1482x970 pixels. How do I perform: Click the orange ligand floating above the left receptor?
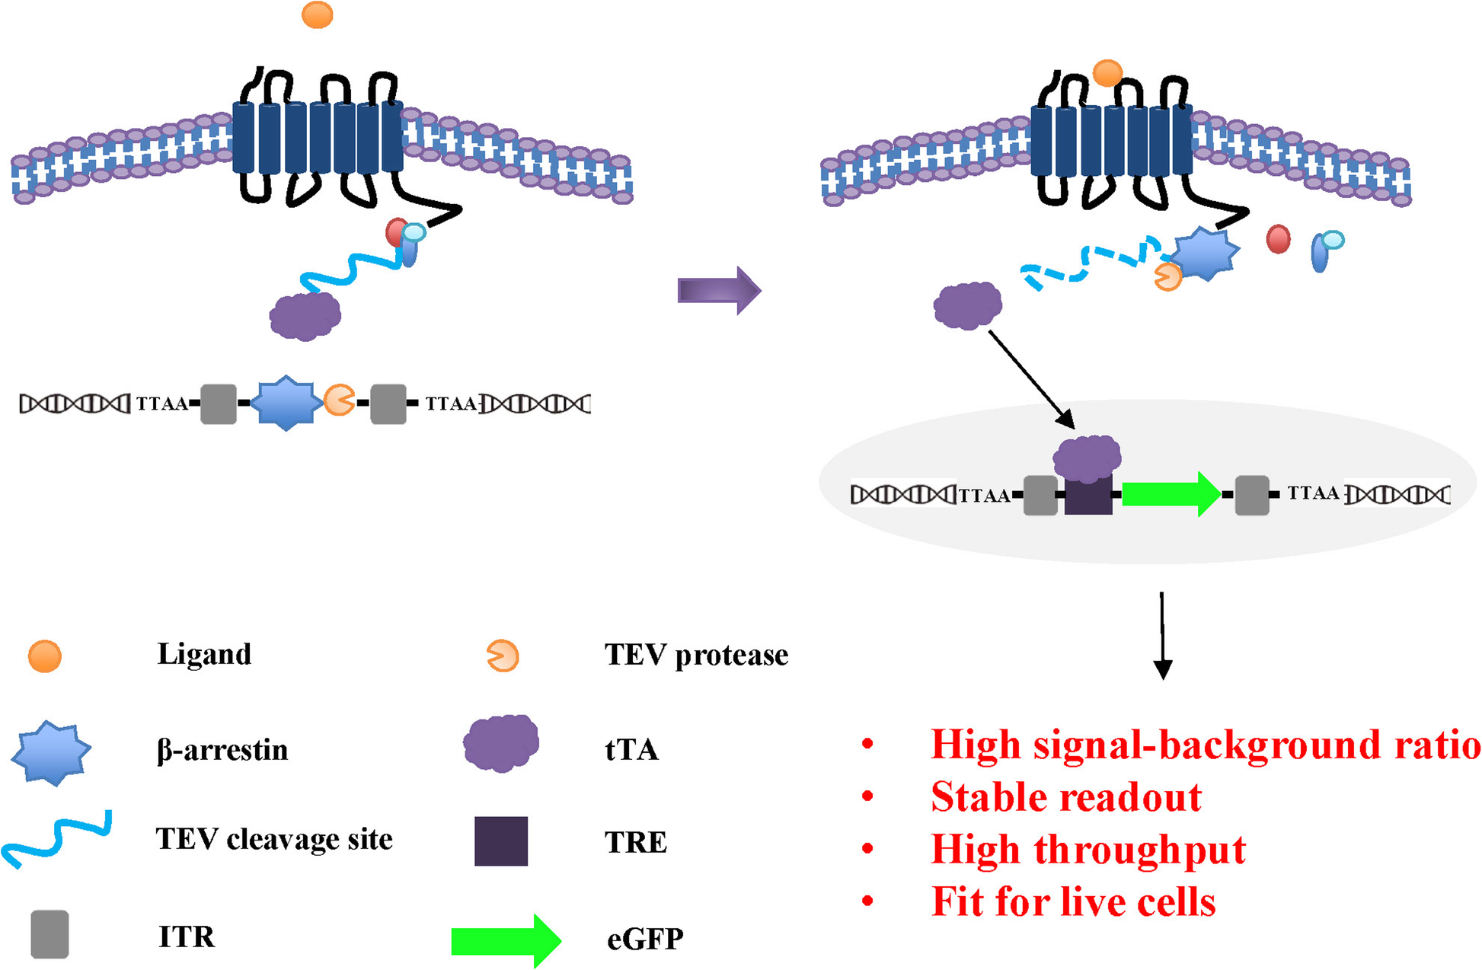coord(317,14)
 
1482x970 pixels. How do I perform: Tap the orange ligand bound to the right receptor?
coord(1107,73)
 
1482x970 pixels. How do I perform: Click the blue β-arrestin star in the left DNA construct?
coord(286,403)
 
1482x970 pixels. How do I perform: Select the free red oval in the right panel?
coord(1278,239)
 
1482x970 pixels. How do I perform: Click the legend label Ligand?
coord(204,654)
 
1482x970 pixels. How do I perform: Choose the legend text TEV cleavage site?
coord(274,839)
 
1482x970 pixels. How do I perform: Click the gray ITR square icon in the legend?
coord(50,934)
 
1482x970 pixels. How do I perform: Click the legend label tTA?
coord(631,750)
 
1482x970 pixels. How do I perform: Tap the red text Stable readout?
coord(1065,797)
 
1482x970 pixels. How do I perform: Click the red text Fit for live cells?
coord(1073,901)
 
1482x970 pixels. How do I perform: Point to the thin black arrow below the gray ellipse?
coord(1162,635)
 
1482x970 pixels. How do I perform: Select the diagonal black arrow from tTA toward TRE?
coord(1031,378)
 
